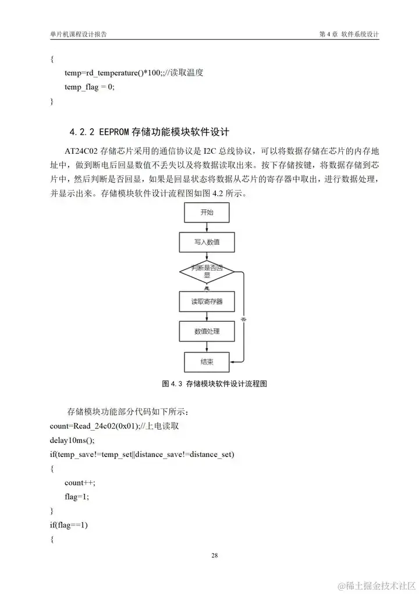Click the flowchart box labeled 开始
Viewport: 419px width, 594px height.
(x=207, y=213)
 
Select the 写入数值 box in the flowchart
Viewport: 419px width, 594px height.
(x=207, y=241)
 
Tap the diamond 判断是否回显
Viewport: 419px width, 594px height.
(x=207, y=271)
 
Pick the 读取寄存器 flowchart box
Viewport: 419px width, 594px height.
(x=207, y=302)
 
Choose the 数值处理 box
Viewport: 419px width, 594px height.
(x=207, y=332)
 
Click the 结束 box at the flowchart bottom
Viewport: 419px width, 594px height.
(x=207, y=362)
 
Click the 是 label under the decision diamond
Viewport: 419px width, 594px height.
(x=207, y=287)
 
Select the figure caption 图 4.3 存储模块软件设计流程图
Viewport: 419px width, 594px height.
(x=213, y=384)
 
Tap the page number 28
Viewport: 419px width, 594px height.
(x=215, y=555)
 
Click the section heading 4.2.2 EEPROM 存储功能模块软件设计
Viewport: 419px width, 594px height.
(x=153, y=131)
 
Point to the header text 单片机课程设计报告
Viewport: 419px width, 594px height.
(x=79, y=34)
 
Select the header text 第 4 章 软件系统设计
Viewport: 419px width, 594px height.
(x=349, y=34)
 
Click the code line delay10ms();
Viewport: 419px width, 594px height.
(x=72, y=440)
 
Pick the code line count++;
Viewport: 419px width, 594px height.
(x=80, y=483)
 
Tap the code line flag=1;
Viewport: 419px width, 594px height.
(x=77, y=497)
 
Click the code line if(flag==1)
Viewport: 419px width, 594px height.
(x=69, y=525)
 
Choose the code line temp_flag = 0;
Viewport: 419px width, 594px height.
(x=90, y=87)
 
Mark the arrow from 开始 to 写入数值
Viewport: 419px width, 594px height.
(x=207, y=227)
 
